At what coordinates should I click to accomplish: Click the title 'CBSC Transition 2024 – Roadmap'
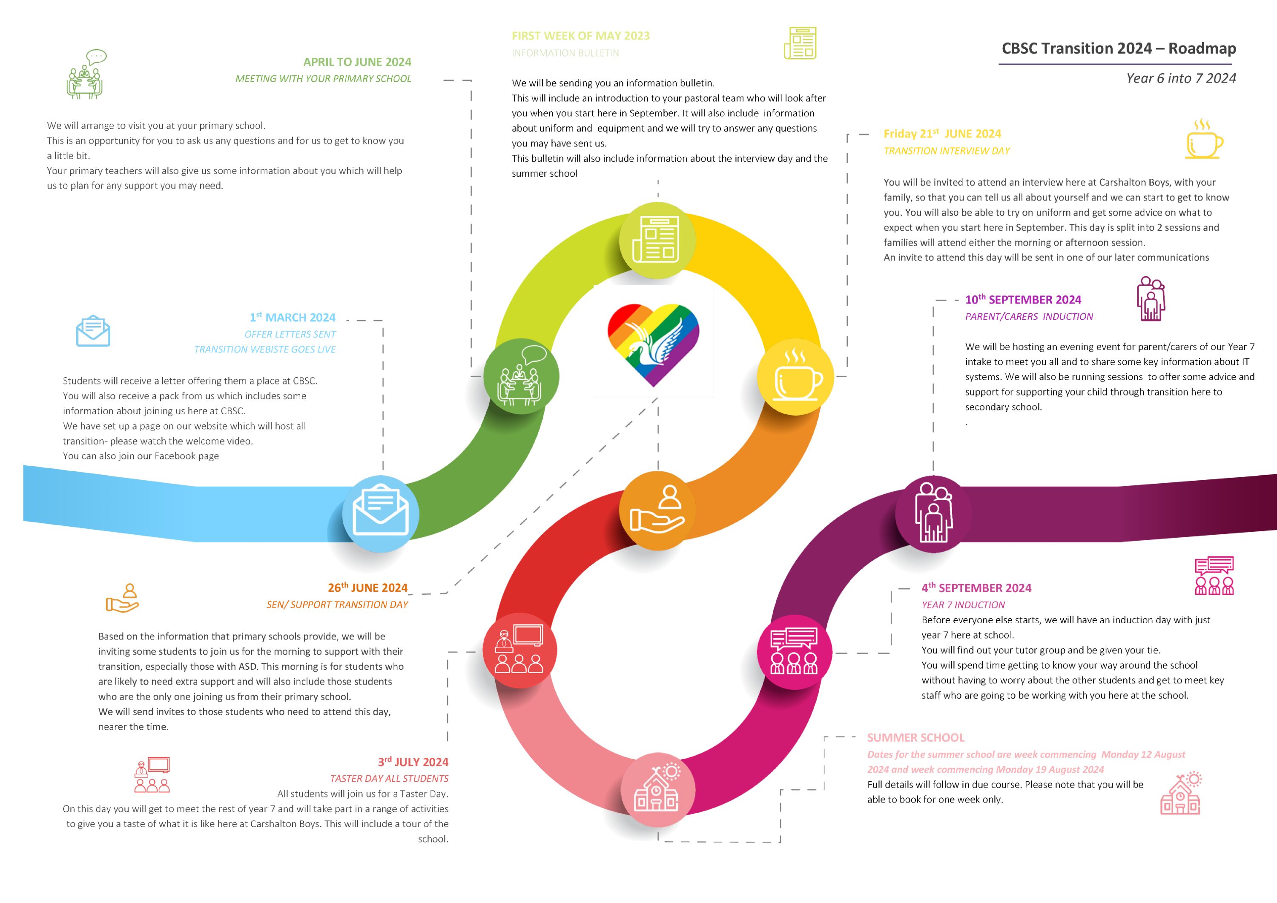point(1119,49)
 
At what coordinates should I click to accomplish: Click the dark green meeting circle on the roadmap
point(521,376)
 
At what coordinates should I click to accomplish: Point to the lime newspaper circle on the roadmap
point(657,240)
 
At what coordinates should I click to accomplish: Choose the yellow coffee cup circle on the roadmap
point(795,377)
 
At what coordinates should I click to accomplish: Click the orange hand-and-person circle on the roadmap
point(657,510)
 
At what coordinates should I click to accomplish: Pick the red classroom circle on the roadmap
point(519,651)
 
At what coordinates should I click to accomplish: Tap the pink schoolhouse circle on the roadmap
point(657,790)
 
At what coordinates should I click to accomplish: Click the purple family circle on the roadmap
point(933,514)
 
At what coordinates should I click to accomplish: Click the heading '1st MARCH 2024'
point(293,317)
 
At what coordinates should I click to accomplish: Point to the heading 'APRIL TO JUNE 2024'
point(357,62)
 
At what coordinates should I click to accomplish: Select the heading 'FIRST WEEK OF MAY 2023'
point(581,36)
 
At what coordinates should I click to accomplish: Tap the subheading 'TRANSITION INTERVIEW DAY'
point(947,151)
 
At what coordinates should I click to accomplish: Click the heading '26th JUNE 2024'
point(367,587)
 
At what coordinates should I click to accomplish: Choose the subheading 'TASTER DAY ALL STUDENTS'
point(389,778)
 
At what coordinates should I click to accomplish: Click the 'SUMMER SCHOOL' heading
point(915,737)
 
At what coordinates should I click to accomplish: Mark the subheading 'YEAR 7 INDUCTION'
point(963,605)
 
